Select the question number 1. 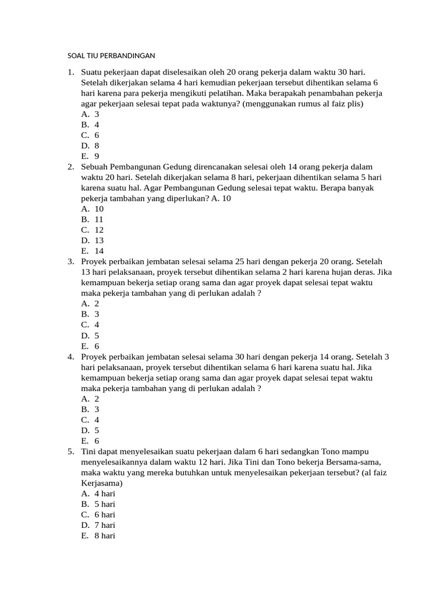click(71, 72)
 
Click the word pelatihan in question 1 click(222, 93)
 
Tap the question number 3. click(71, 262)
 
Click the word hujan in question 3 click(335, 272)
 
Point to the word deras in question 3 click(363, 272)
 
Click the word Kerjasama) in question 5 click(101, 483)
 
